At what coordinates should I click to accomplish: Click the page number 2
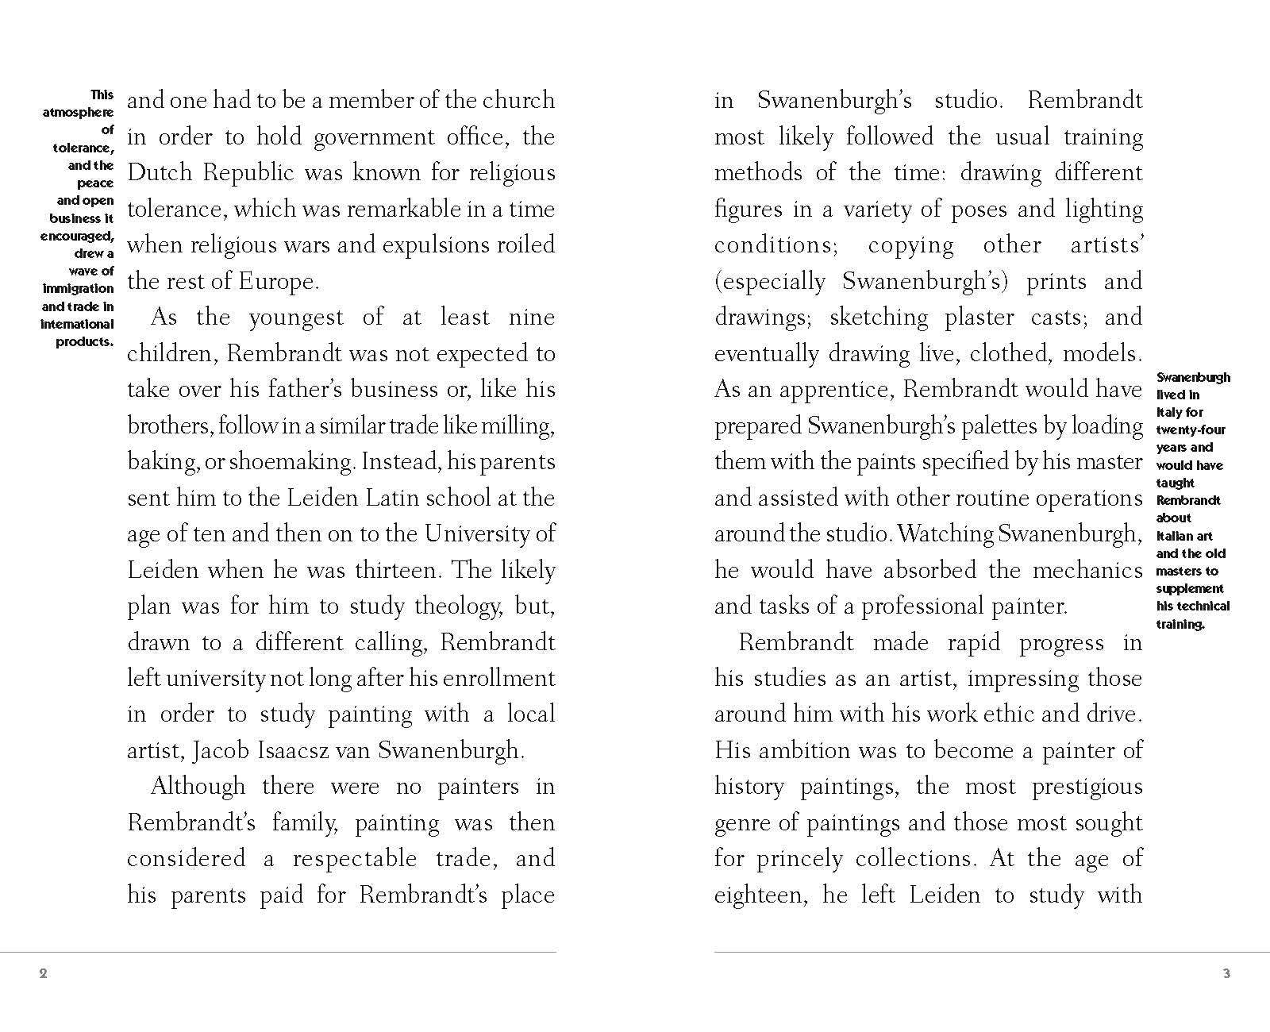[43, 973]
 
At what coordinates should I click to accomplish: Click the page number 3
[1226, 973]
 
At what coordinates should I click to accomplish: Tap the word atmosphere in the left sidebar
[78, 113]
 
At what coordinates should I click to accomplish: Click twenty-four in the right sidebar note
[1191, 430]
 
